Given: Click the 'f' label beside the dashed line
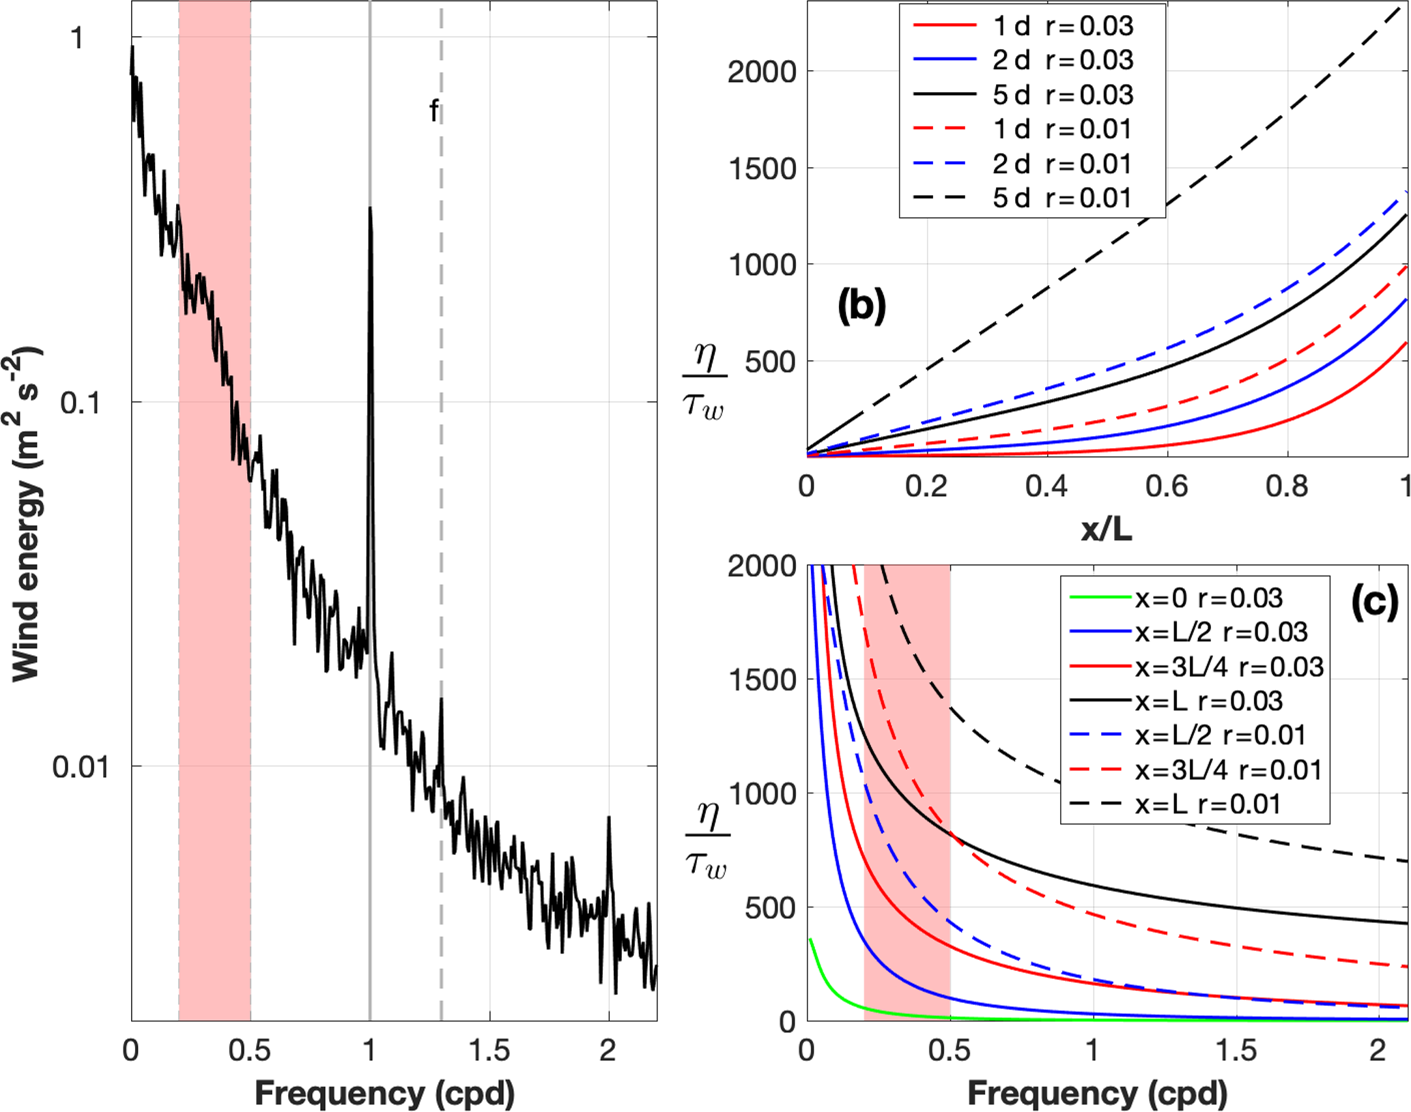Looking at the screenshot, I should click(433, 111).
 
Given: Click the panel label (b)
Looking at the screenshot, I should click(861, 305).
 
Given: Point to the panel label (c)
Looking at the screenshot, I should click(1374, 602).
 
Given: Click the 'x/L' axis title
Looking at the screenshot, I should click(1107, 529).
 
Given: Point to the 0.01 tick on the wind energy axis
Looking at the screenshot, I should click(81, 767).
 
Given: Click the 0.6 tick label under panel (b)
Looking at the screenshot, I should click(1167, 486).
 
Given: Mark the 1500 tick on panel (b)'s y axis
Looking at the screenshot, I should click(762, 169).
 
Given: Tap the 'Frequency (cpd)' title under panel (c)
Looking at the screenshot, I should click(1097, 1093).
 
